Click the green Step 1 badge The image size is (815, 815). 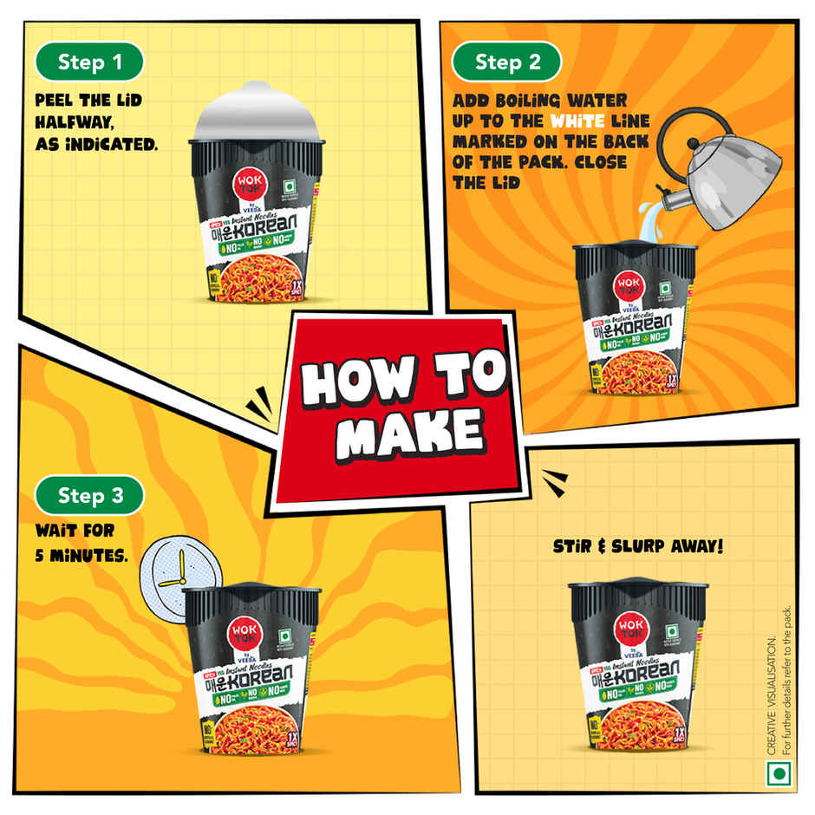coord(89,62)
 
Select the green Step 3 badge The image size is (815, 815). coord(89,496)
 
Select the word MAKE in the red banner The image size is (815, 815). coord(407,432)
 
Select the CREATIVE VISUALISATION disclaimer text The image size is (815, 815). coord(778,694)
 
